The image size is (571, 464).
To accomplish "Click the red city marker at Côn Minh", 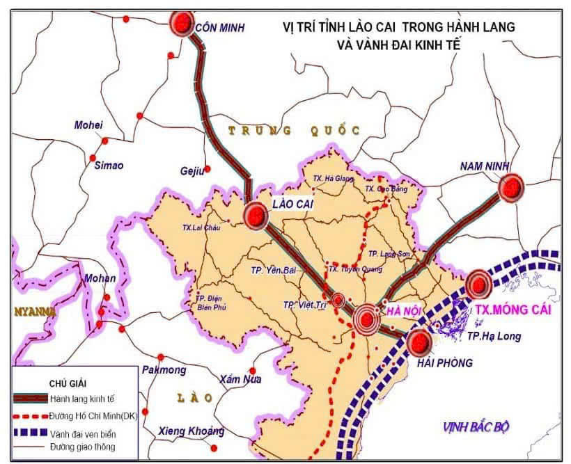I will pos(182,24).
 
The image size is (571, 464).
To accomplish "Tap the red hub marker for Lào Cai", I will pos(256,216).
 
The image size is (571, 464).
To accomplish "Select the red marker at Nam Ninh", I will pos(512,187).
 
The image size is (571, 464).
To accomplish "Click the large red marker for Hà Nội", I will pos(367,320).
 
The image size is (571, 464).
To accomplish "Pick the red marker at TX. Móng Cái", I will pos(478,283).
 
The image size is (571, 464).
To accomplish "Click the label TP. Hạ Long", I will pos(494,337).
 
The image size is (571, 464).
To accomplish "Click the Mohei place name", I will pos(88,125).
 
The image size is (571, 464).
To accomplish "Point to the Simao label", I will pos(109,165).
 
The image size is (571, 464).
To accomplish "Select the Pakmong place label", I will pos(164,369).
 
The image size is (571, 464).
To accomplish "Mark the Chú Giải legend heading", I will pos(67,383).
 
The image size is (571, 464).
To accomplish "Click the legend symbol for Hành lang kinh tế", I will pos(30,398).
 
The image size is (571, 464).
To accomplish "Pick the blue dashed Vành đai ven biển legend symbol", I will pos(30,432).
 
